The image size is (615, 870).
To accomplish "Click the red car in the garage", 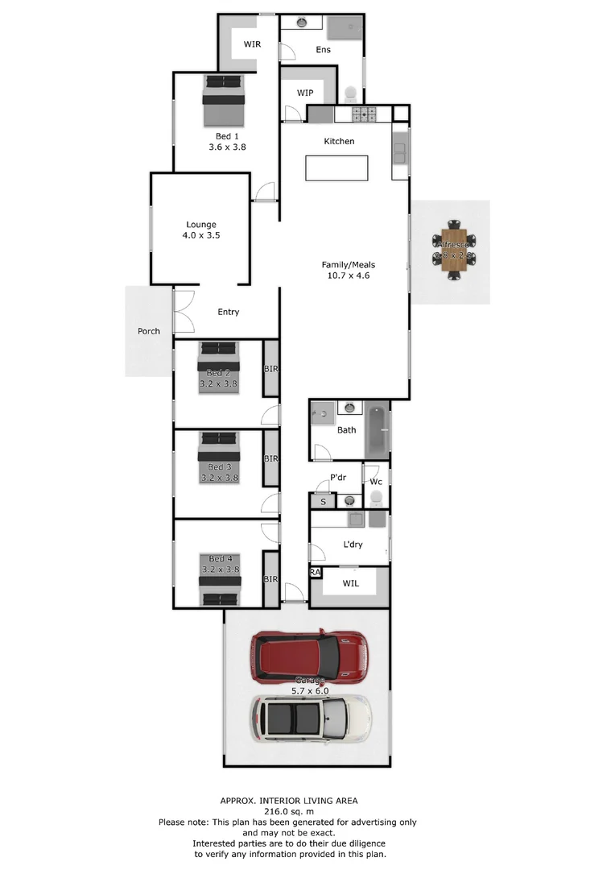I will [309, 657].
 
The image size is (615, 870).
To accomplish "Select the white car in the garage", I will [311, 718].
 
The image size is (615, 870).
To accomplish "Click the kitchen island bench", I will [336, 168].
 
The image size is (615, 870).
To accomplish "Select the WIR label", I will [252, 44].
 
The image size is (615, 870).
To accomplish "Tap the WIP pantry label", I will [304, 93].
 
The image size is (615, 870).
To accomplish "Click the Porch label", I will [148, 331].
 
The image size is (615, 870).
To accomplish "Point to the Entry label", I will [229, 312].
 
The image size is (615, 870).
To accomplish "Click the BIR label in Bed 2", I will [271, 368].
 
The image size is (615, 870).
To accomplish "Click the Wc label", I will [376, 482].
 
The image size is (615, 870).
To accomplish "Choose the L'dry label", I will [353, 545].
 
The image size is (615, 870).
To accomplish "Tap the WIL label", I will [351, 582].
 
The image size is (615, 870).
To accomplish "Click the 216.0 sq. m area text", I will [289, 811].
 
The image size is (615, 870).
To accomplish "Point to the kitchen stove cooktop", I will [365, 114].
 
